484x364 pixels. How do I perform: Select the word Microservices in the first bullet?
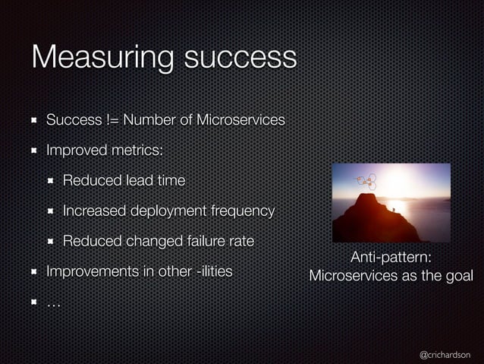(x=240, y=120)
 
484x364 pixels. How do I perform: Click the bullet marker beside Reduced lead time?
(x=51, y=181)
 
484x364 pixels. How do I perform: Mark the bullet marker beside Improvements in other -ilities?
(x=34, y=271)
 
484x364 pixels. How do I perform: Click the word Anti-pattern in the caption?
(x=391, y=258)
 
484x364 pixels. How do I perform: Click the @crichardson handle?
(x=445, y=354)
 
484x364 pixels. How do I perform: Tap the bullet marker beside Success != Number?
(x=34, y=120)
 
